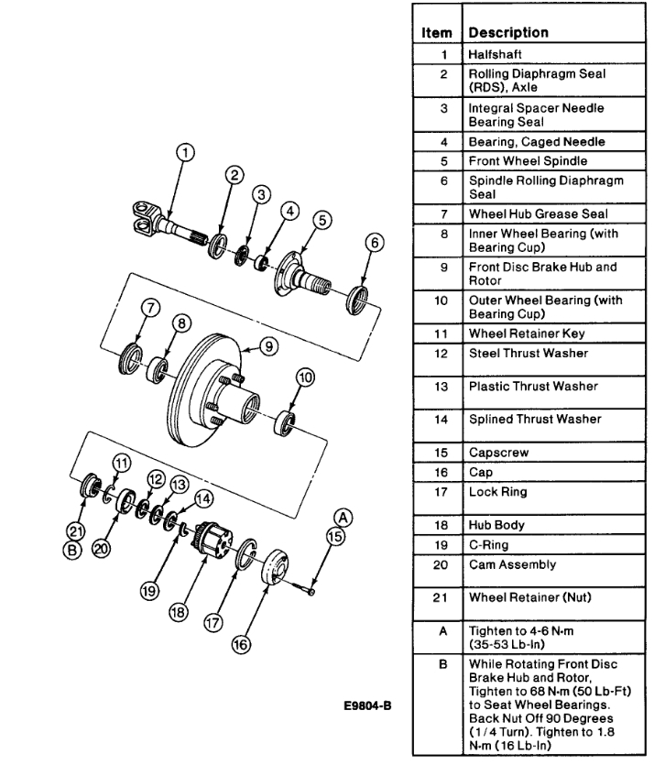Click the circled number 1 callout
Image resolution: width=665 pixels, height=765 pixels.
click(x=186, y=152)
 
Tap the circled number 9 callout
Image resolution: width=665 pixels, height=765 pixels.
click(x=268, y=345)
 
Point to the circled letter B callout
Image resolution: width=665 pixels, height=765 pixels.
click(x=73, y=550)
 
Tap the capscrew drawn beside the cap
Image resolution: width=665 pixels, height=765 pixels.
click(x=306, y=585)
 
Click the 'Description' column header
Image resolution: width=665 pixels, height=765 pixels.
click(x=507, y=32)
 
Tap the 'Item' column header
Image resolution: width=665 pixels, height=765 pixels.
click(x=437, y=32)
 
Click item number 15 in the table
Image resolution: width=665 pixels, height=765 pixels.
click(x=442, y=453)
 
